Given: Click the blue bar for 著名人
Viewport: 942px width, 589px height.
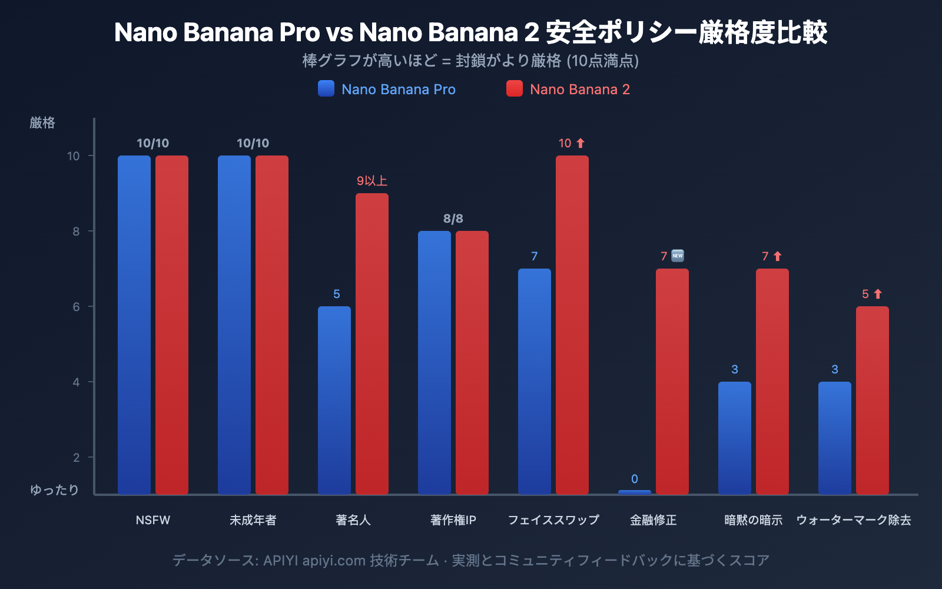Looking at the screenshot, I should (x=334, y=400).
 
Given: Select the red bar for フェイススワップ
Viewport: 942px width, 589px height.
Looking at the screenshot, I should (x=572, y=325).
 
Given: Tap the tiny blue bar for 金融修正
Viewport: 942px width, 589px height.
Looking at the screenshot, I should (x=635, y=492).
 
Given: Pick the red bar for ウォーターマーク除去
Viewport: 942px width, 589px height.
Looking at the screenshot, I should (x=873, y=400).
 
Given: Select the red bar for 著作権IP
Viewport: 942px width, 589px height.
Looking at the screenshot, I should (x=472, y=362).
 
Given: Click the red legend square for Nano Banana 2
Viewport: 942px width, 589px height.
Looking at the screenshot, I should (x=515, y=89).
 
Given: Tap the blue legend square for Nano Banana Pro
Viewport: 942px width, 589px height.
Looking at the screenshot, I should (x=326, y=89).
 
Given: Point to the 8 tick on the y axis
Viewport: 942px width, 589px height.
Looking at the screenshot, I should (x=76, y=231).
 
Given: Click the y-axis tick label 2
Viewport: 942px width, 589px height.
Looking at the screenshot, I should (x=76, y=458).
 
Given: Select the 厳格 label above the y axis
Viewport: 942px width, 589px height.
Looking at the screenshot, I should (x=42, y=123).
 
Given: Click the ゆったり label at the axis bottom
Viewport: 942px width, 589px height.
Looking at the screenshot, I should (x=54, y=490).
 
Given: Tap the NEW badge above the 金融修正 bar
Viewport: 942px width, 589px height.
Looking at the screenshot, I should (x=678, y=256).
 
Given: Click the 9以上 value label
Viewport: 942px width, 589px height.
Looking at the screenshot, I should (x=372, y=181).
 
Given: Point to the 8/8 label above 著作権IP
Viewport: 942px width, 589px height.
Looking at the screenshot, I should (x=453, y=219).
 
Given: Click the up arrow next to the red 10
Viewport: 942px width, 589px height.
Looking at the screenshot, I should (x=581, y=143).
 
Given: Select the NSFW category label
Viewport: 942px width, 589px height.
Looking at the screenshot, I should (x=153, y=520).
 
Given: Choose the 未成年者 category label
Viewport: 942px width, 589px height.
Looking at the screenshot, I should (x=253, y=520).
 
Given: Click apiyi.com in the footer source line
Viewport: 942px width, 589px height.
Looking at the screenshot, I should (x=334, y=560).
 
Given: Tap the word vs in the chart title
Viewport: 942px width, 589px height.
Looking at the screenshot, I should (x=339, y=33).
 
